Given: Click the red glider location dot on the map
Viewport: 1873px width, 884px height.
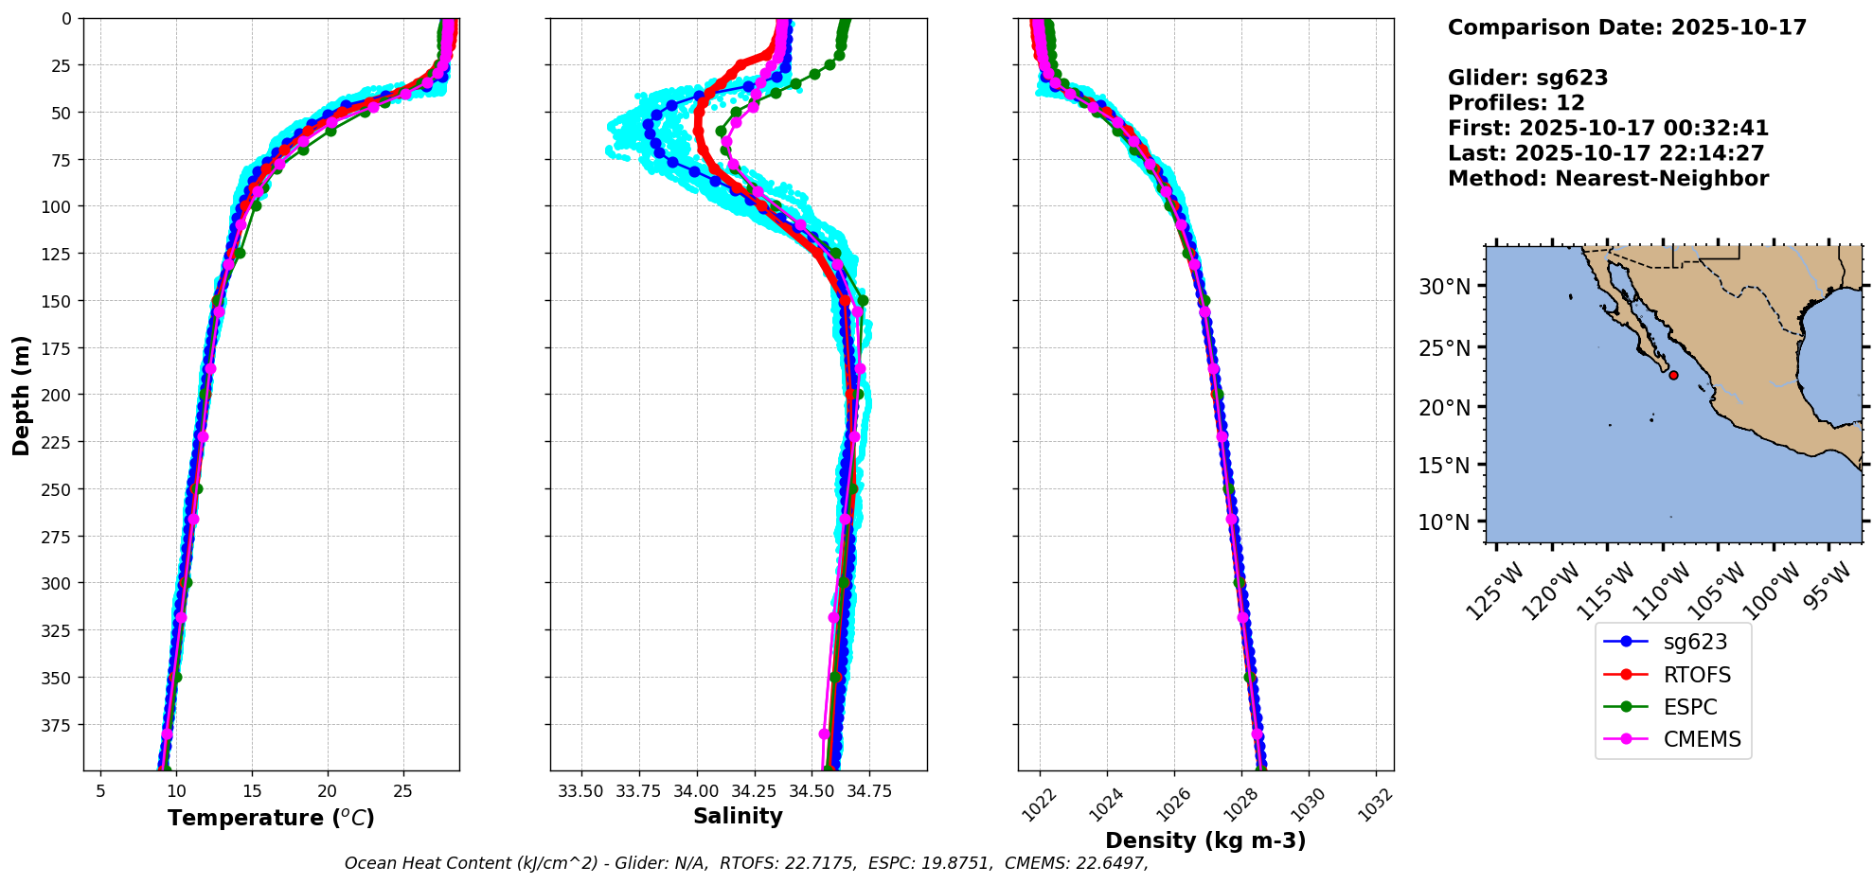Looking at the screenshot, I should point(1673,375).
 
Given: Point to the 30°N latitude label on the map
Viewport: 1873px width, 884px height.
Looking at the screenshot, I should point(1445,287).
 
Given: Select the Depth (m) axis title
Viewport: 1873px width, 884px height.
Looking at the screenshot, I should point(21,395).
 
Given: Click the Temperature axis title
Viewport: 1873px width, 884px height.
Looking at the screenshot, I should point(271,818).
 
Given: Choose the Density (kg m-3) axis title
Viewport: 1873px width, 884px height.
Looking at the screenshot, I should point(1205,840).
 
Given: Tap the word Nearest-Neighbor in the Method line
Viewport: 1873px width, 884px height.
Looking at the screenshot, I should point(1662,178).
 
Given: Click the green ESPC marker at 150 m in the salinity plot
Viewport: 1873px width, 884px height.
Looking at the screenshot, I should point(862,301).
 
